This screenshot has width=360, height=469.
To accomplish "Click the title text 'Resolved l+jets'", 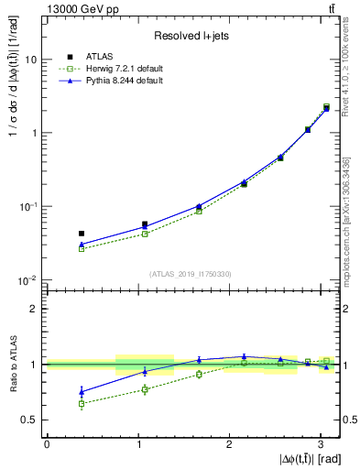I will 191,36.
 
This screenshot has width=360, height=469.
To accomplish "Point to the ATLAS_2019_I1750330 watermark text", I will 190,273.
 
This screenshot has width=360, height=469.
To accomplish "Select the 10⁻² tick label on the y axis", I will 28,280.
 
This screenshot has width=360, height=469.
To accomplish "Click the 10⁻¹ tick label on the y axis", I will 28,207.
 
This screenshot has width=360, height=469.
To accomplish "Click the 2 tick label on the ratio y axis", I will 34,309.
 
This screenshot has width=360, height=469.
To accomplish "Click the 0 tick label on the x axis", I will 46,443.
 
